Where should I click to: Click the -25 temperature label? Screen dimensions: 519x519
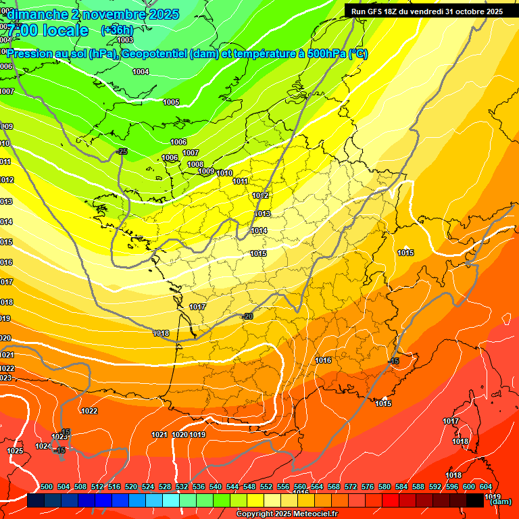coord(122,151)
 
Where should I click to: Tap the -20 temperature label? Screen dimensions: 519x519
coord(247,316)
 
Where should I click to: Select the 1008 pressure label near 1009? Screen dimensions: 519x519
coord(195,164)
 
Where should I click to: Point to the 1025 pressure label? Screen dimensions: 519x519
coord(15,451)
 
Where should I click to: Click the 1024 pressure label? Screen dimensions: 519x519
coord(43,446)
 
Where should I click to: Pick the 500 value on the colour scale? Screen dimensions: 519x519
coord(47,487)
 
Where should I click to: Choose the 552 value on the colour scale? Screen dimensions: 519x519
coord(266,487)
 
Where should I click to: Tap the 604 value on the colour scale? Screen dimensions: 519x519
coord(486,487)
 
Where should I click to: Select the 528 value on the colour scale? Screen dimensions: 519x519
coord(165,487)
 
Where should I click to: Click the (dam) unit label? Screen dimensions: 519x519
coord(500,501)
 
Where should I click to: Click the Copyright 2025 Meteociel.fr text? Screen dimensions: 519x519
coord(287,514)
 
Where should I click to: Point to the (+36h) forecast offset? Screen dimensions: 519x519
coord(117,30)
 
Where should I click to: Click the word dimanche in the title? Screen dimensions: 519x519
coord(40,14)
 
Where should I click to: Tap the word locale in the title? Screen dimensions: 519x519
coord(65,30)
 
